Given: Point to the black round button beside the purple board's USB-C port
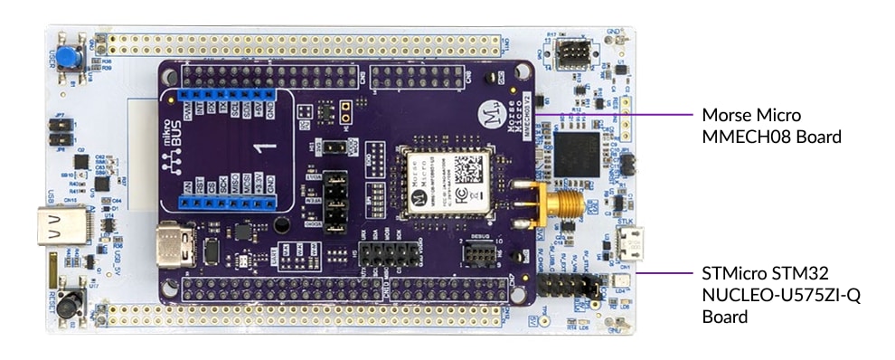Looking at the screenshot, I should (x=281, y=225).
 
